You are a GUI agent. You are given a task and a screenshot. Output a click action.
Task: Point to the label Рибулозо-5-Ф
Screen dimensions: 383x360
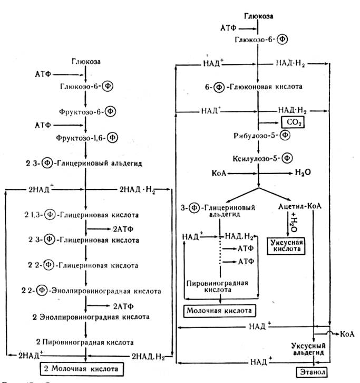tap(256, 136)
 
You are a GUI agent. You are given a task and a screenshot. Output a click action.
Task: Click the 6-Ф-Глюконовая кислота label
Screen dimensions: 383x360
tap(257, 86)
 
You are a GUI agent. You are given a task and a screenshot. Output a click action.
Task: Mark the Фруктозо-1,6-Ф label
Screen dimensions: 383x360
tap(85, 138)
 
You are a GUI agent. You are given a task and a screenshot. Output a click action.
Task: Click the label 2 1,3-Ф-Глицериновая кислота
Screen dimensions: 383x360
tap(85, 215)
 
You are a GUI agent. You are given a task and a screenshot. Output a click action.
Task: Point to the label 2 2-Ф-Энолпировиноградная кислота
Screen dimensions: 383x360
tap(85, 291)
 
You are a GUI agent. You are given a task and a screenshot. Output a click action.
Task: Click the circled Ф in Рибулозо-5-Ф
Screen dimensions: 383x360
tap(284, 136)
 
